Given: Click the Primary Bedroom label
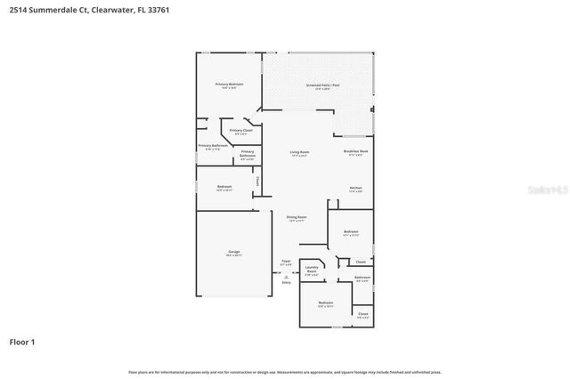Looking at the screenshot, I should click(229, 85).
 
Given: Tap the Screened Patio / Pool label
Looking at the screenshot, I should click(322, 85).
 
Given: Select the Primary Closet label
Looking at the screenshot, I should click(240, 131).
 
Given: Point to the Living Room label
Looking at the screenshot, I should click(299, 152).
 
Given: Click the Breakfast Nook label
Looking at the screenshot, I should click(356, 151).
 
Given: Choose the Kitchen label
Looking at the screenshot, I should click(355, 189).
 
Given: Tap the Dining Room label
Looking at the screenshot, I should click(297, 217).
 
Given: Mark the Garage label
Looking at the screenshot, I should click(233, 252).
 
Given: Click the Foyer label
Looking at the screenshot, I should click(286, 262).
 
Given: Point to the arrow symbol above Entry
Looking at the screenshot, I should click(286, 277).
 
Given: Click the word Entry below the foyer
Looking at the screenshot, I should click(286, 283).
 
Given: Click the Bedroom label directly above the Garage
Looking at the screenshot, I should click(224, 187).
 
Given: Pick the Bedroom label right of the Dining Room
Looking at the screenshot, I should click(351, 232).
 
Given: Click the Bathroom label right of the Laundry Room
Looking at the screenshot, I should click(362, 278).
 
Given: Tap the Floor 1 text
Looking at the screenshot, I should click(22, 342).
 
